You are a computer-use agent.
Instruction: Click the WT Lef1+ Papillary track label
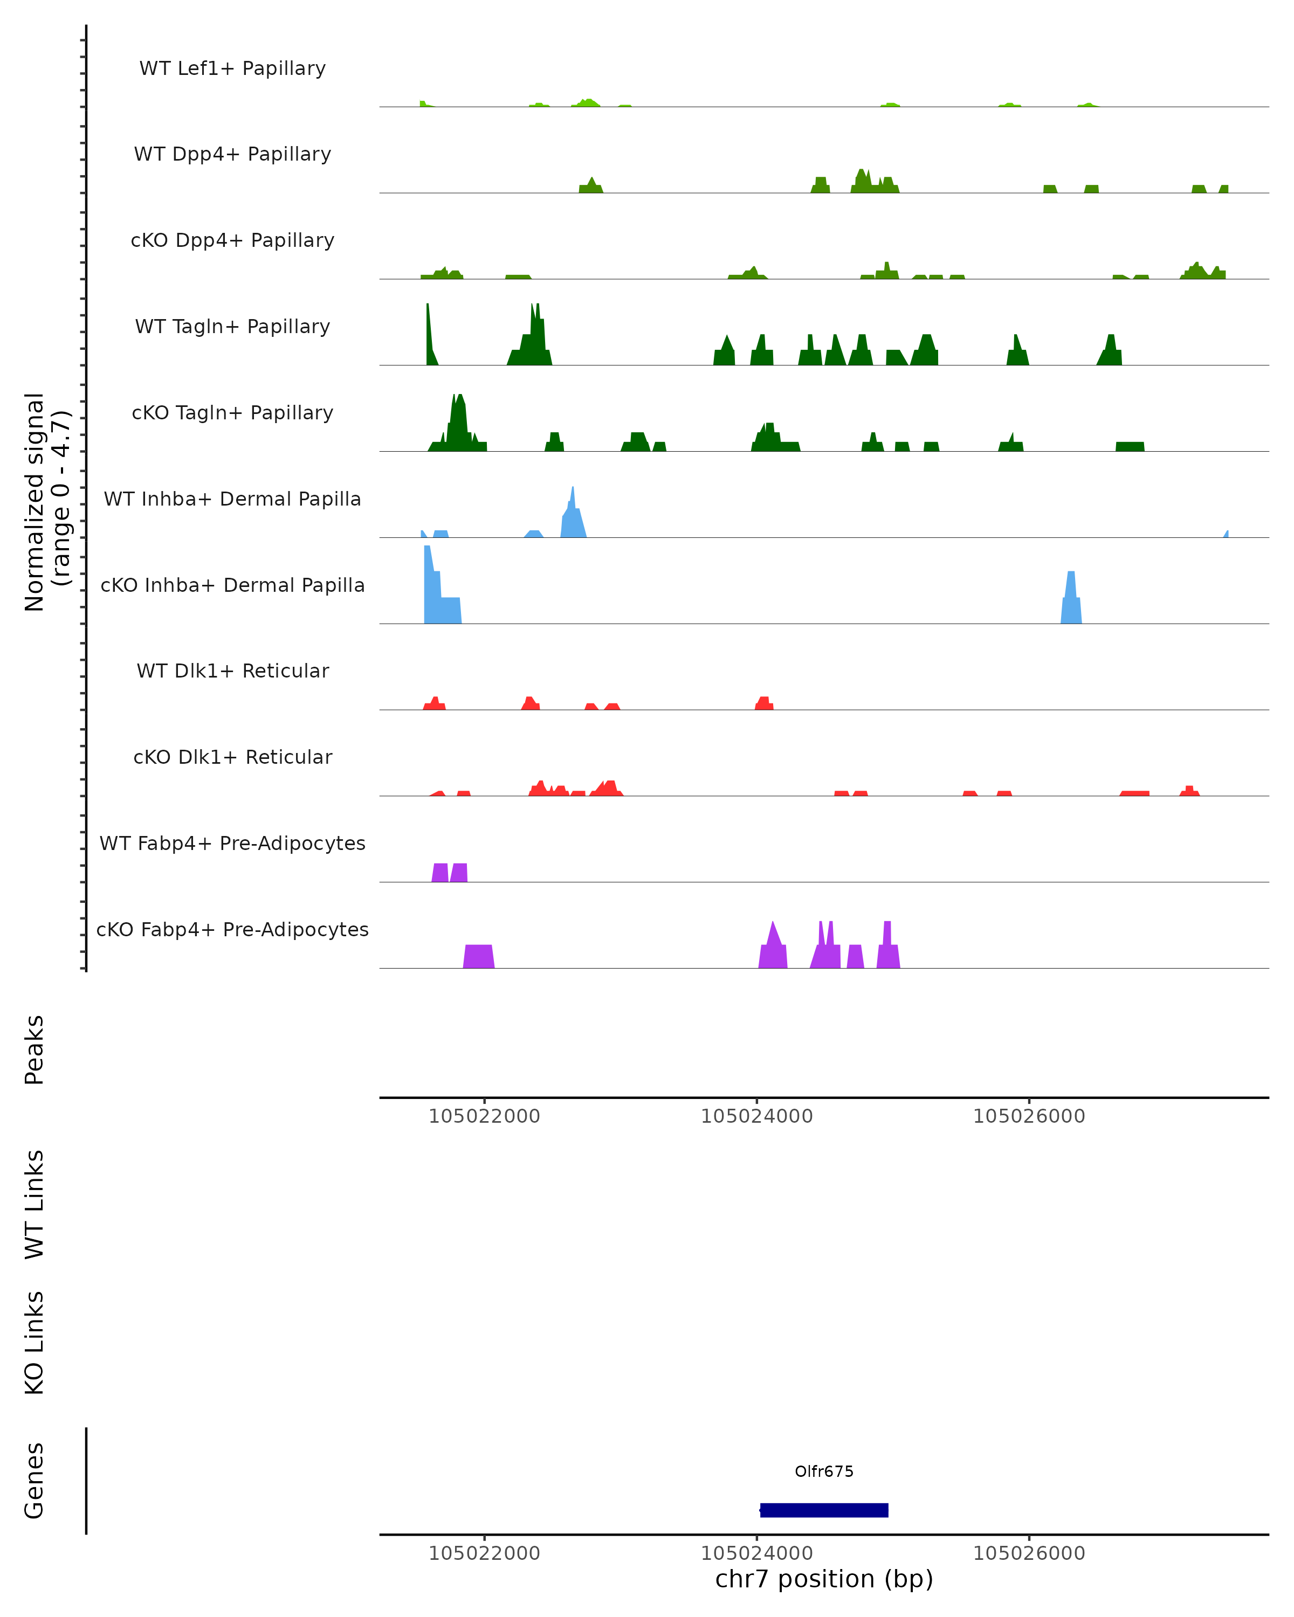pos(232,68)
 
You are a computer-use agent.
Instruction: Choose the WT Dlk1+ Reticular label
pos(232,671)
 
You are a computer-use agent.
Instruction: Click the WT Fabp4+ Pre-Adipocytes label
pos(232,843)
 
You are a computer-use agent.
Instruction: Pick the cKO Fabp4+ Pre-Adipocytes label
pos(232,929)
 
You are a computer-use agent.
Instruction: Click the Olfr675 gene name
pos(824,1471)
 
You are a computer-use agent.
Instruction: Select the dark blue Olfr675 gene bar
pos(824,1510)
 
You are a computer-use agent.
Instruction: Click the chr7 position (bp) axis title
pos(824,1579)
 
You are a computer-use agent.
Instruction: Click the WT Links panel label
pos(35,1205)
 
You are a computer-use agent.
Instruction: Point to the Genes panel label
pos(35,1481)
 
